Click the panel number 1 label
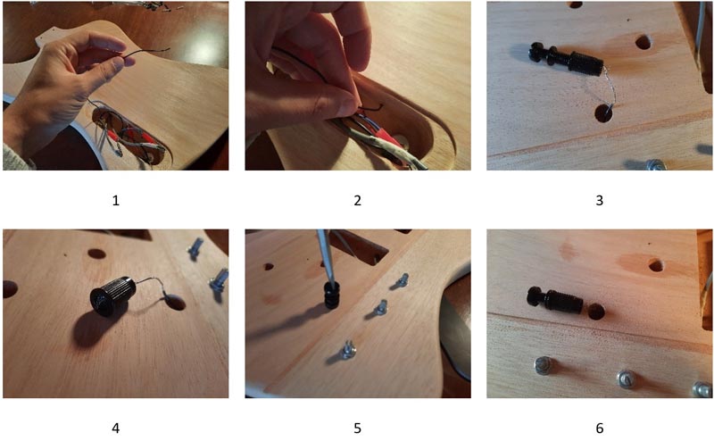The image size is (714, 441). tap(116, 201)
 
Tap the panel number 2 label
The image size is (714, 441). tap(358, 201)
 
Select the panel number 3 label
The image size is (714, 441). tap(599, 201)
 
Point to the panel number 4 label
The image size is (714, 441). tap(116, 429)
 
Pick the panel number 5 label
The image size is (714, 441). tap(358, 429)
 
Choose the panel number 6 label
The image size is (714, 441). tap(599, 429)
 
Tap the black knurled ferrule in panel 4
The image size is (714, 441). tap(113, 295)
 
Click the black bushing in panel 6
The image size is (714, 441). tap(554, 299)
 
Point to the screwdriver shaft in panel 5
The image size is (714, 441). tap(326, 256)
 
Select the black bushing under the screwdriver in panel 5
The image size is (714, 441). tap(332, 295)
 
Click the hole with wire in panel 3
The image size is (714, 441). tap(604, 112)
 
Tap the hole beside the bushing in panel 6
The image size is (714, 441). tap(595, 312)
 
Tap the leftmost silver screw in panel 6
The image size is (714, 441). tap(544, 365)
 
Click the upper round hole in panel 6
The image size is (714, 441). tap(656, 265)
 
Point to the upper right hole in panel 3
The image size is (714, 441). tap(643, 42)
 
